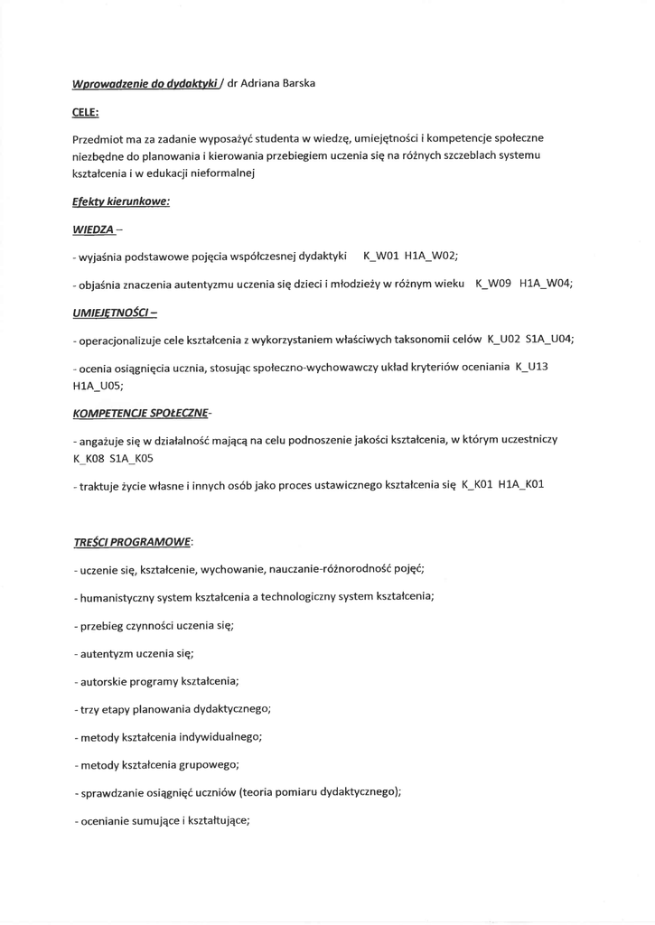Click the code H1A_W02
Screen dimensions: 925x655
435,257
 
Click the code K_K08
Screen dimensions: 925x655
89,458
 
